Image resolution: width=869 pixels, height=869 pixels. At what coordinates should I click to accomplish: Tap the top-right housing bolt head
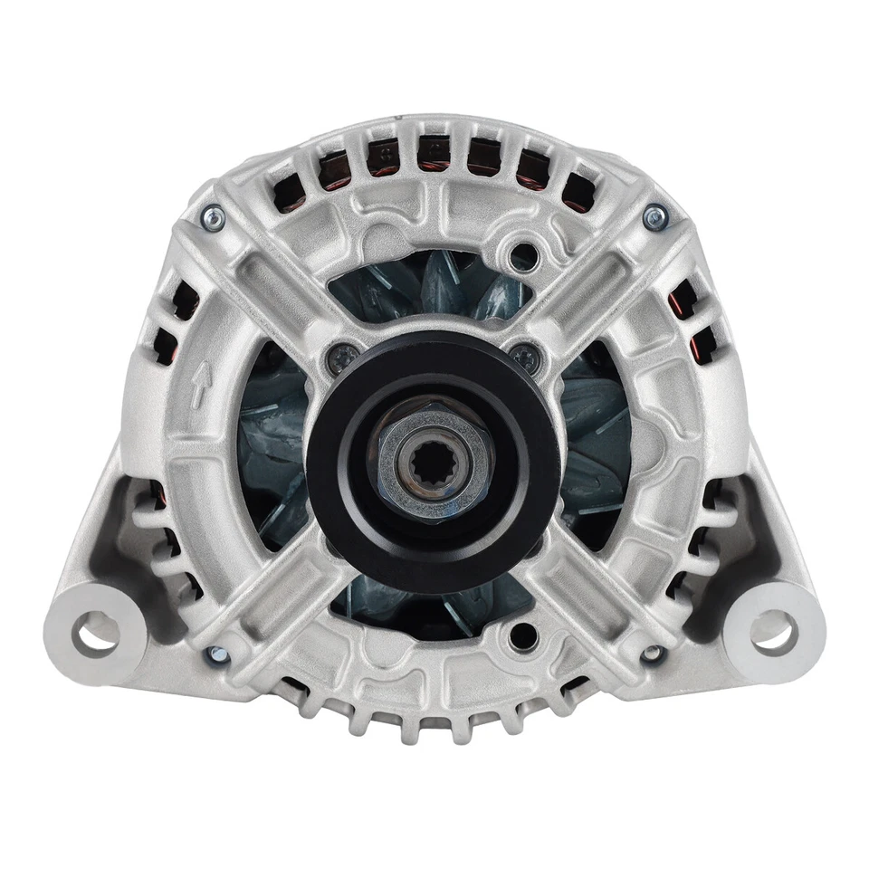pos(652,215)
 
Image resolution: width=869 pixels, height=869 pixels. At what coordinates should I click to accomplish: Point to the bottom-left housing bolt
pos(215,654)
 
